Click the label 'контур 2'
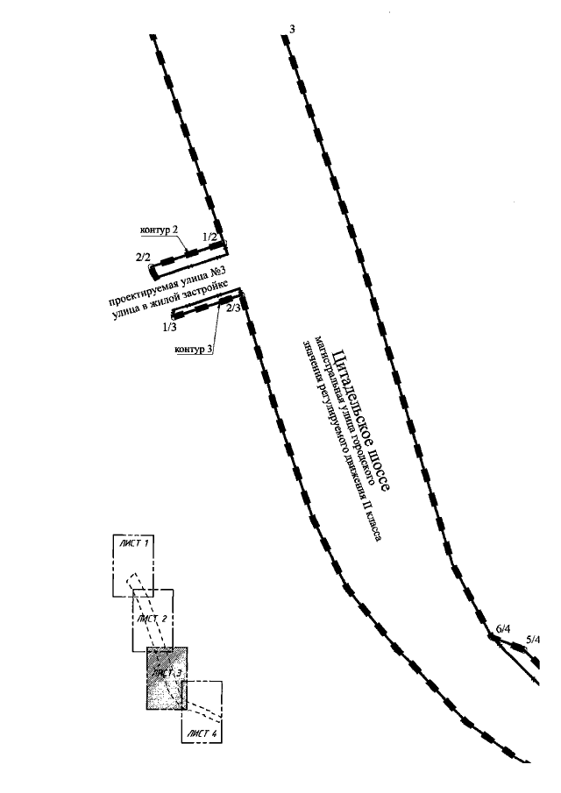click(160, 230)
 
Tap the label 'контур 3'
click(194, 350)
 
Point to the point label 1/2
click(209, 237)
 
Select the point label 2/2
click(143, 256)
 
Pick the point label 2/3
click(233, 308)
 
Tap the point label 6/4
click(502, 629)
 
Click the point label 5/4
click(533, 640)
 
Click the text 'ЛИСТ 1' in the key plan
click(133, 544)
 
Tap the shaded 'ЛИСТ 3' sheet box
click(167, 678)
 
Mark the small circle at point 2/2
click(153, 266)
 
